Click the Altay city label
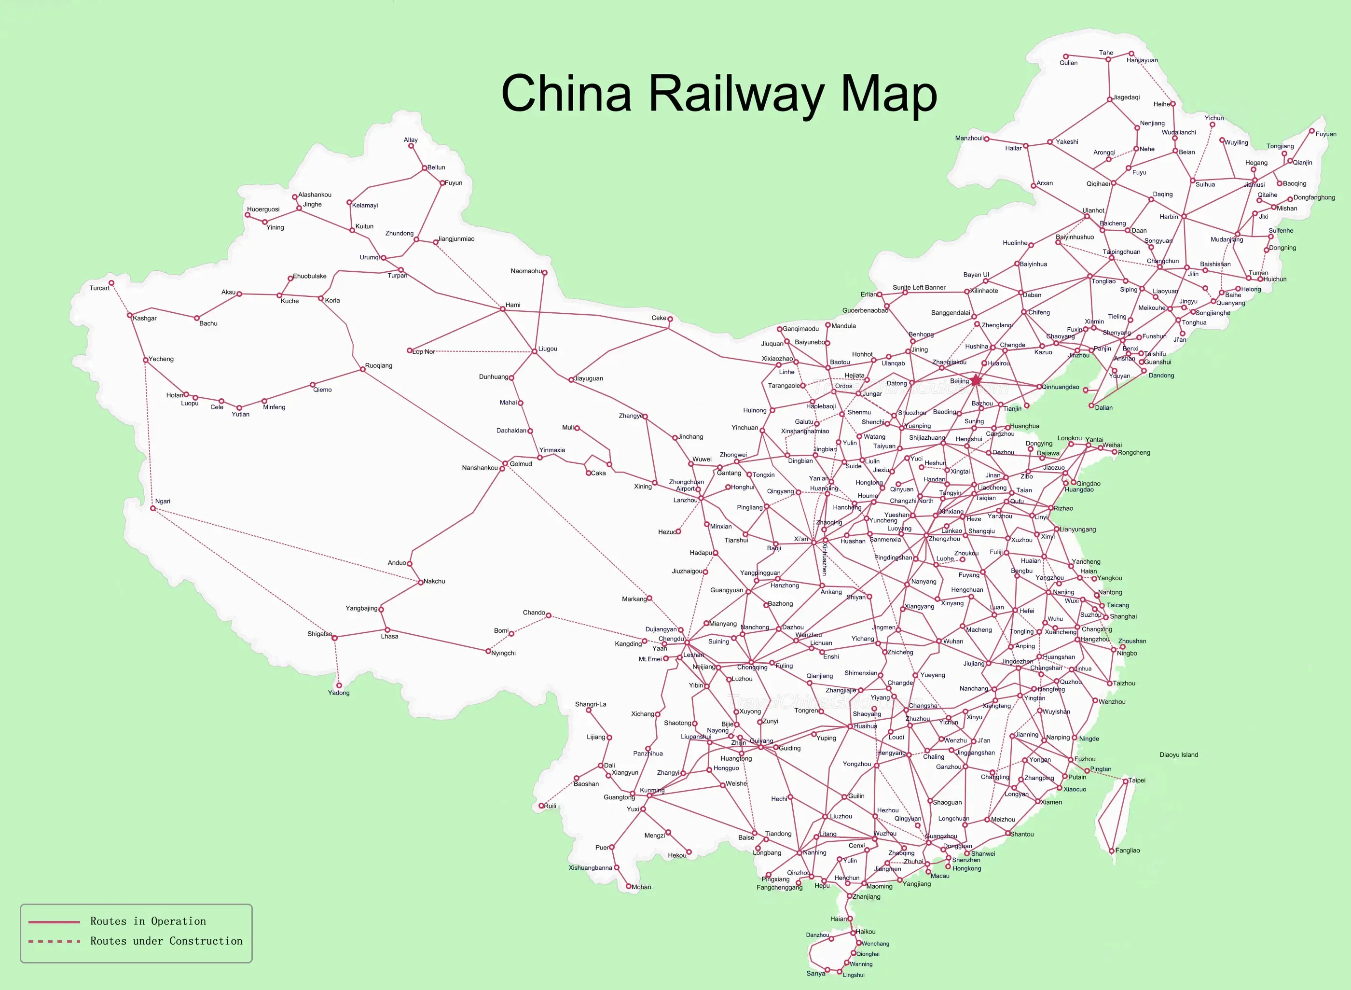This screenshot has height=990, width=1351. point(411,139)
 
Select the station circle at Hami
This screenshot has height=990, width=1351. point(503,308)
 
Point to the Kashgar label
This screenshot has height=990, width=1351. point(144,318)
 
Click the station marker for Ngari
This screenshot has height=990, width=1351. point(153,508)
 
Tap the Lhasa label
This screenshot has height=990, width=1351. point(389,636)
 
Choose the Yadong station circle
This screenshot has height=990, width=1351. point(339,685)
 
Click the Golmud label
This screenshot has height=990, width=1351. point(521,464)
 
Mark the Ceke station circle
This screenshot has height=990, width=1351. point(670,319)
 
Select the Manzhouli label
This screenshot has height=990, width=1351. point(969,138)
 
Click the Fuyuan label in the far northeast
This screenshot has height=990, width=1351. point(1326,134)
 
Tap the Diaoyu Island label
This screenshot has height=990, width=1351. point(1178,754)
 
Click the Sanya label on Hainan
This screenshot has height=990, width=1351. point(815,973)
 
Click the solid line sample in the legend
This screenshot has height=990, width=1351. point(54,921)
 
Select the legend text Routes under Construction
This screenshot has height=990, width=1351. point(166,941)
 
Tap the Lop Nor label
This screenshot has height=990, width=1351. point(424,352)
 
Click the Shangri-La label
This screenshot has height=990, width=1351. point(590,704)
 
